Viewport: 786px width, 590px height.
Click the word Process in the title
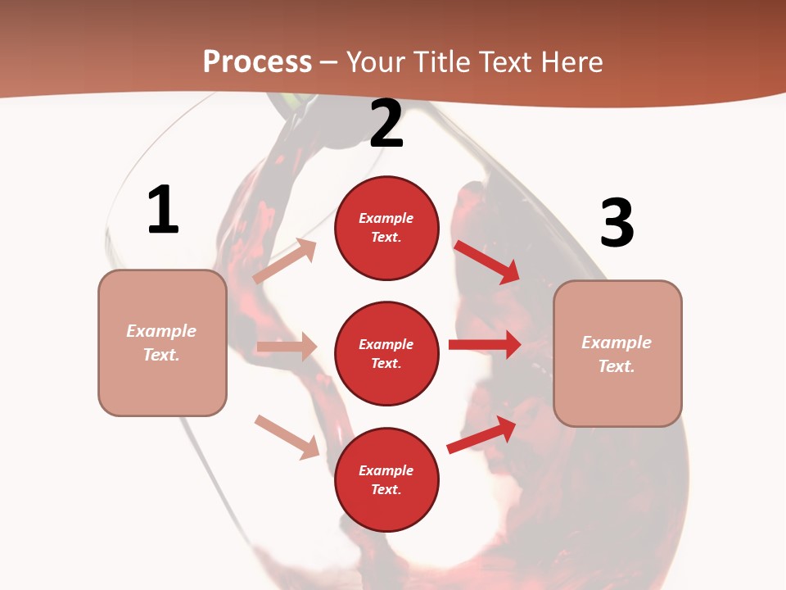click(x=257, y=62)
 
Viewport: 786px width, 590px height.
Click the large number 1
click(x=163, y=211)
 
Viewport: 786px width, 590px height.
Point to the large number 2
click(x=386, y=125)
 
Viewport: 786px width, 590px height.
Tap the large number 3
click(x=617, y=223)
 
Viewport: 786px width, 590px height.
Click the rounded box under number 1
click(x=162, y=343)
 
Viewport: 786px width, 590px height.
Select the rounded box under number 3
click(x=617, y=354)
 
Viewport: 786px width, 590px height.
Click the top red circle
click(x=386, y=228)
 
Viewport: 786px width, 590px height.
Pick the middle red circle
click(x=386, y=353)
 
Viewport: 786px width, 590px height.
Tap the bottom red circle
click(x=386, y=479)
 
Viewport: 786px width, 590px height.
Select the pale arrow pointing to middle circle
click(x=287, y=347)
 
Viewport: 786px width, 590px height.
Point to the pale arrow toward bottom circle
click(x=287, y=437)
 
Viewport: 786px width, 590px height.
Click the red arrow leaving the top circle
click(x=487, y=261)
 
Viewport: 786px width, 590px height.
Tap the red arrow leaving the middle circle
click(x=485, y=345)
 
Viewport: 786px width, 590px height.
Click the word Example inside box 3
click(x=617, y=343)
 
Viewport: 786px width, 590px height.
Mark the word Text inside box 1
click(x=161, y=355)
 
